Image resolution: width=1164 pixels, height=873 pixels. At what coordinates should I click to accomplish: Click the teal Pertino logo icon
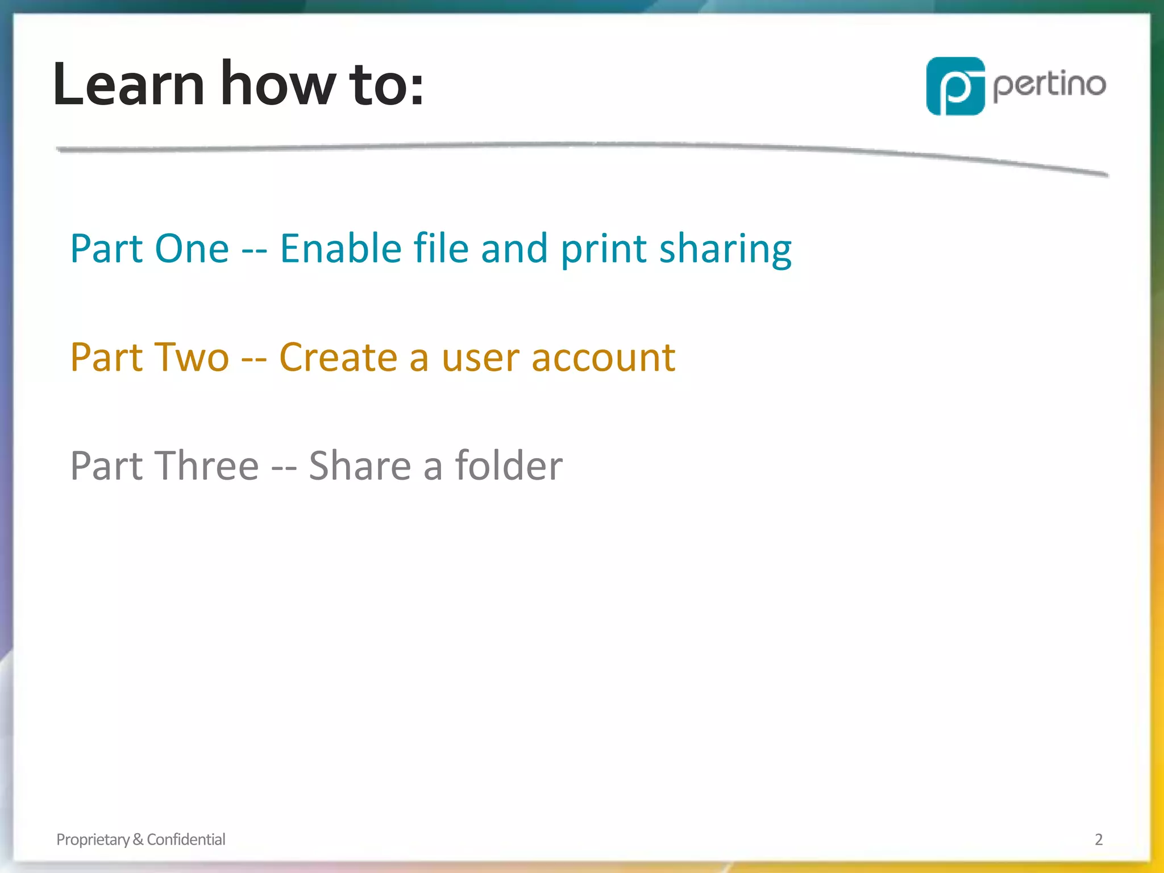(955, 86)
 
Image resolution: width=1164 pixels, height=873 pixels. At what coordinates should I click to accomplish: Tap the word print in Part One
(604, 250)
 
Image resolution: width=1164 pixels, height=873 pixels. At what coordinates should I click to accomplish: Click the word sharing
(725, 250)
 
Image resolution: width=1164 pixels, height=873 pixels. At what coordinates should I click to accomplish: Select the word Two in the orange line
(192, 357)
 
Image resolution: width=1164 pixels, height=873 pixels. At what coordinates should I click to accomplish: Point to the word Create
(338, 357)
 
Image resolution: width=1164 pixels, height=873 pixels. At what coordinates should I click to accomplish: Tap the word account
(603, 359)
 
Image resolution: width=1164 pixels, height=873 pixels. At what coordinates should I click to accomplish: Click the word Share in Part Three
(359, 466)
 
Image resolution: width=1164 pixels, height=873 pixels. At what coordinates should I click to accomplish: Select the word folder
(509, 466)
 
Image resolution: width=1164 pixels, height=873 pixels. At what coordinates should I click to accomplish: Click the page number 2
(1099, 839)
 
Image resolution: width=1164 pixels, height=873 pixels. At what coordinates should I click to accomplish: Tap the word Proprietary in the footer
(93, 839)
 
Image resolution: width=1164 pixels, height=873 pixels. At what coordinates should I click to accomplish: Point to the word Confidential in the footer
(186, 839)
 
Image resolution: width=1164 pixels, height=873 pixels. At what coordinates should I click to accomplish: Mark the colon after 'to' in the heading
(417, 92)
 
